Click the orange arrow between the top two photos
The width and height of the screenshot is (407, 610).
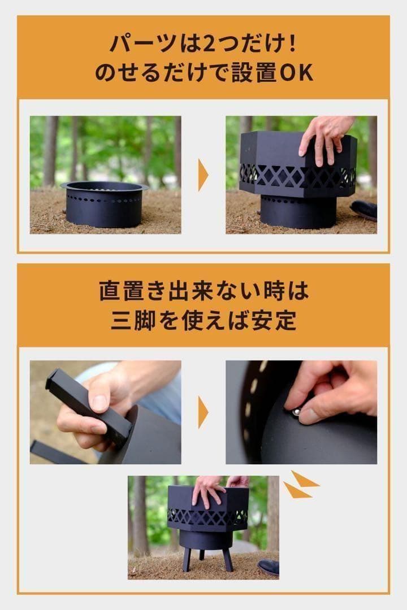(203, 175)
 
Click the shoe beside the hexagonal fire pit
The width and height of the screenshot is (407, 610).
(365, 209)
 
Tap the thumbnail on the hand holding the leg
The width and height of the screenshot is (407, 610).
(99, 403)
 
